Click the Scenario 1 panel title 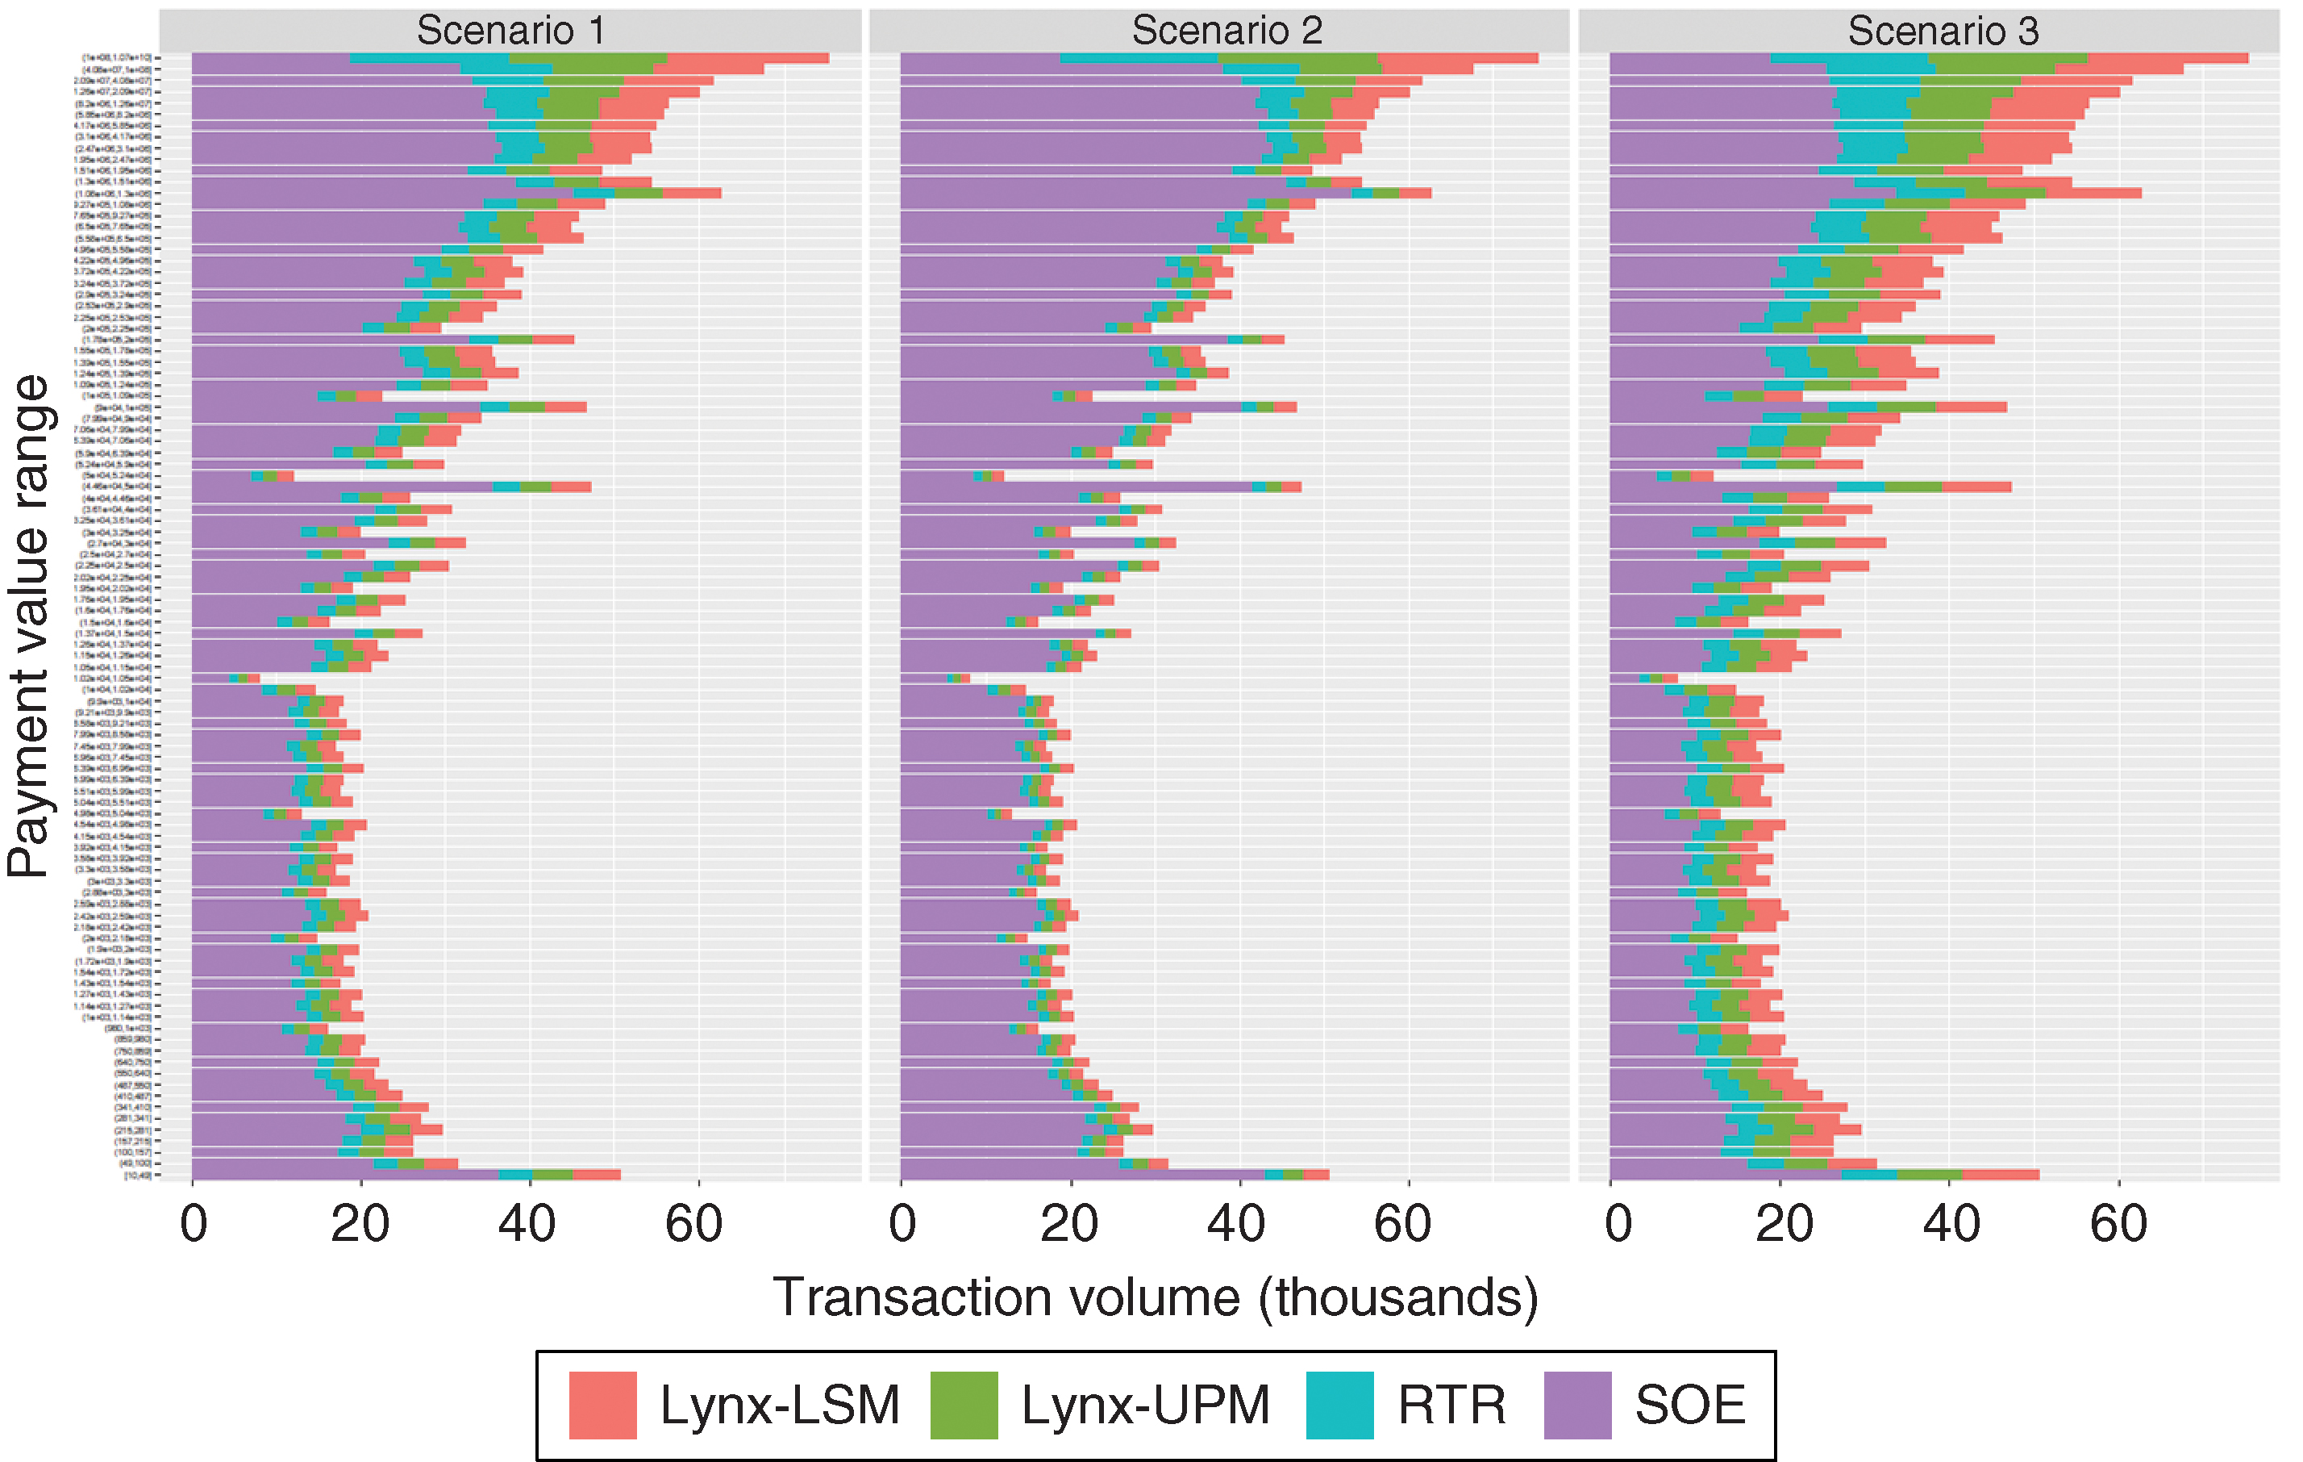coord(510,31)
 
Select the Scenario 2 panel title coord(1226,31)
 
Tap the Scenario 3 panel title coord(1943,31)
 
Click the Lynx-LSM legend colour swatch coord(602,1405)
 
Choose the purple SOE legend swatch coord(1577,1405)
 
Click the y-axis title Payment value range coord(29,627)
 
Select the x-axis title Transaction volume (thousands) coord(1156,1298)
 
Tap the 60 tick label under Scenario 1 coord(693,1224)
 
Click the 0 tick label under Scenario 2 coord(902,1224)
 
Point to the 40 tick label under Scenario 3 coord(1951,1224)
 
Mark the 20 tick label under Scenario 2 coord(1069,1224)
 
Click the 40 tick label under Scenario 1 coord(527,1224)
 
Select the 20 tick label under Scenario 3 coord(1784,1224)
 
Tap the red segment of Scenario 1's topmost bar coord(747,58)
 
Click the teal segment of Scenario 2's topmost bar coord(1138,58)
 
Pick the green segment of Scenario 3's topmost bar coord(2009,58)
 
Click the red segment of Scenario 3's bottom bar coord(2000,1174)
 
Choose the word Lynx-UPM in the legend coord(1145,1405)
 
